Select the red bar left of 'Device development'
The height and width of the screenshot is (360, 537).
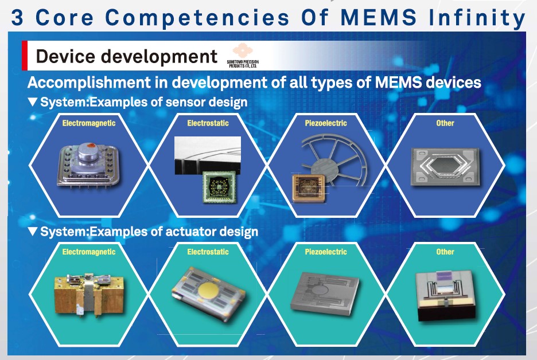coord(25,56)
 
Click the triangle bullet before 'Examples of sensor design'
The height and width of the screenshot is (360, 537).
coord(33,103)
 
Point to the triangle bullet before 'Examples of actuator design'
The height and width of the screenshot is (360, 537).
coord(33,232)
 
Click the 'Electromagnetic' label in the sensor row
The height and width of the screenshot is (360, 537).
coord(89,123)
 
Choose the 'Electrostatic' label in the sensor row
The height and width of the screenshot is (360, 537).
coord(208,123)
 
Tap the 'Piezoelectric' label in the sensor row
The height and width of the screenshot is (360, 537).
coord(326,123)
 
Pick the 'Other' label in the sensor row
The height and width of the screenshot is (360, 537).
coord(445,123)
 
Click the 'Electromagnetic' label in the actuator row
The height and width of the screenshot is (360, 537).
coord(89,252)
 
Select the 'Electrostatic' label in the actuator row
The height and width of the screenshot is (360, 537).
coord(208,252)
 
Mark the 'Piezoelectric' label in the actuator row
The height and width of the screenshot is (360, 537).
coord(326,252)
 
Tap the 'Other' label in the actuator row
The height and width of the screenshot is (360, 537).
coord(445,252)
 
